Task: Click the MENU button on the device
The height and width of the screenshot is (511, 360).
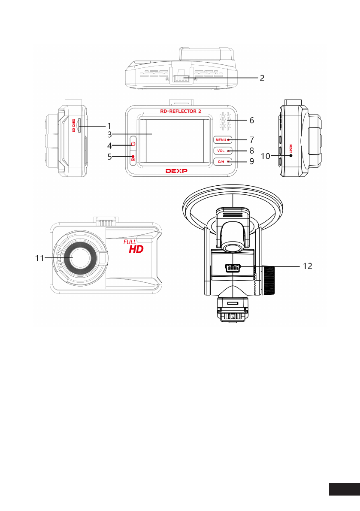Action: [x=223, y=140]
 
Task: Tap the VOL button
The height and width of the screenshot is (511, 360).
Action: [x=223, y=151]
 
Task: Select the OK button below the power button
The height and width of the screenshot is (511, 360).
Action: [x=133, y=158]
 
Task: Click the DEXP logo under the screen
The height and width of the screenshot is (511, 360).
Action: [x=176, y=171]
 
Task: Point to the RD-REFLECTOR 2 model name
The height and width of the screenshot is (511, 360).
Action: [x=181, y=111]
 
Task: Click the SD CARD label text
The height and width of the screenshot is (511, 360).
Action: [x=74, y=125]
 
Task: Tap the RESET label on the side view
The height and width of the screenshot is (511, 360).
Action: [x=290, y=148]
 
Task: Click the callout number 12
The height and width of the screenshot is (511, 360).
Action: [x=307, y=266]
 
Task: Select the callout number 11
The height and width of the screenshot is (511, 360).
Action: [x=39, y=258]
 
